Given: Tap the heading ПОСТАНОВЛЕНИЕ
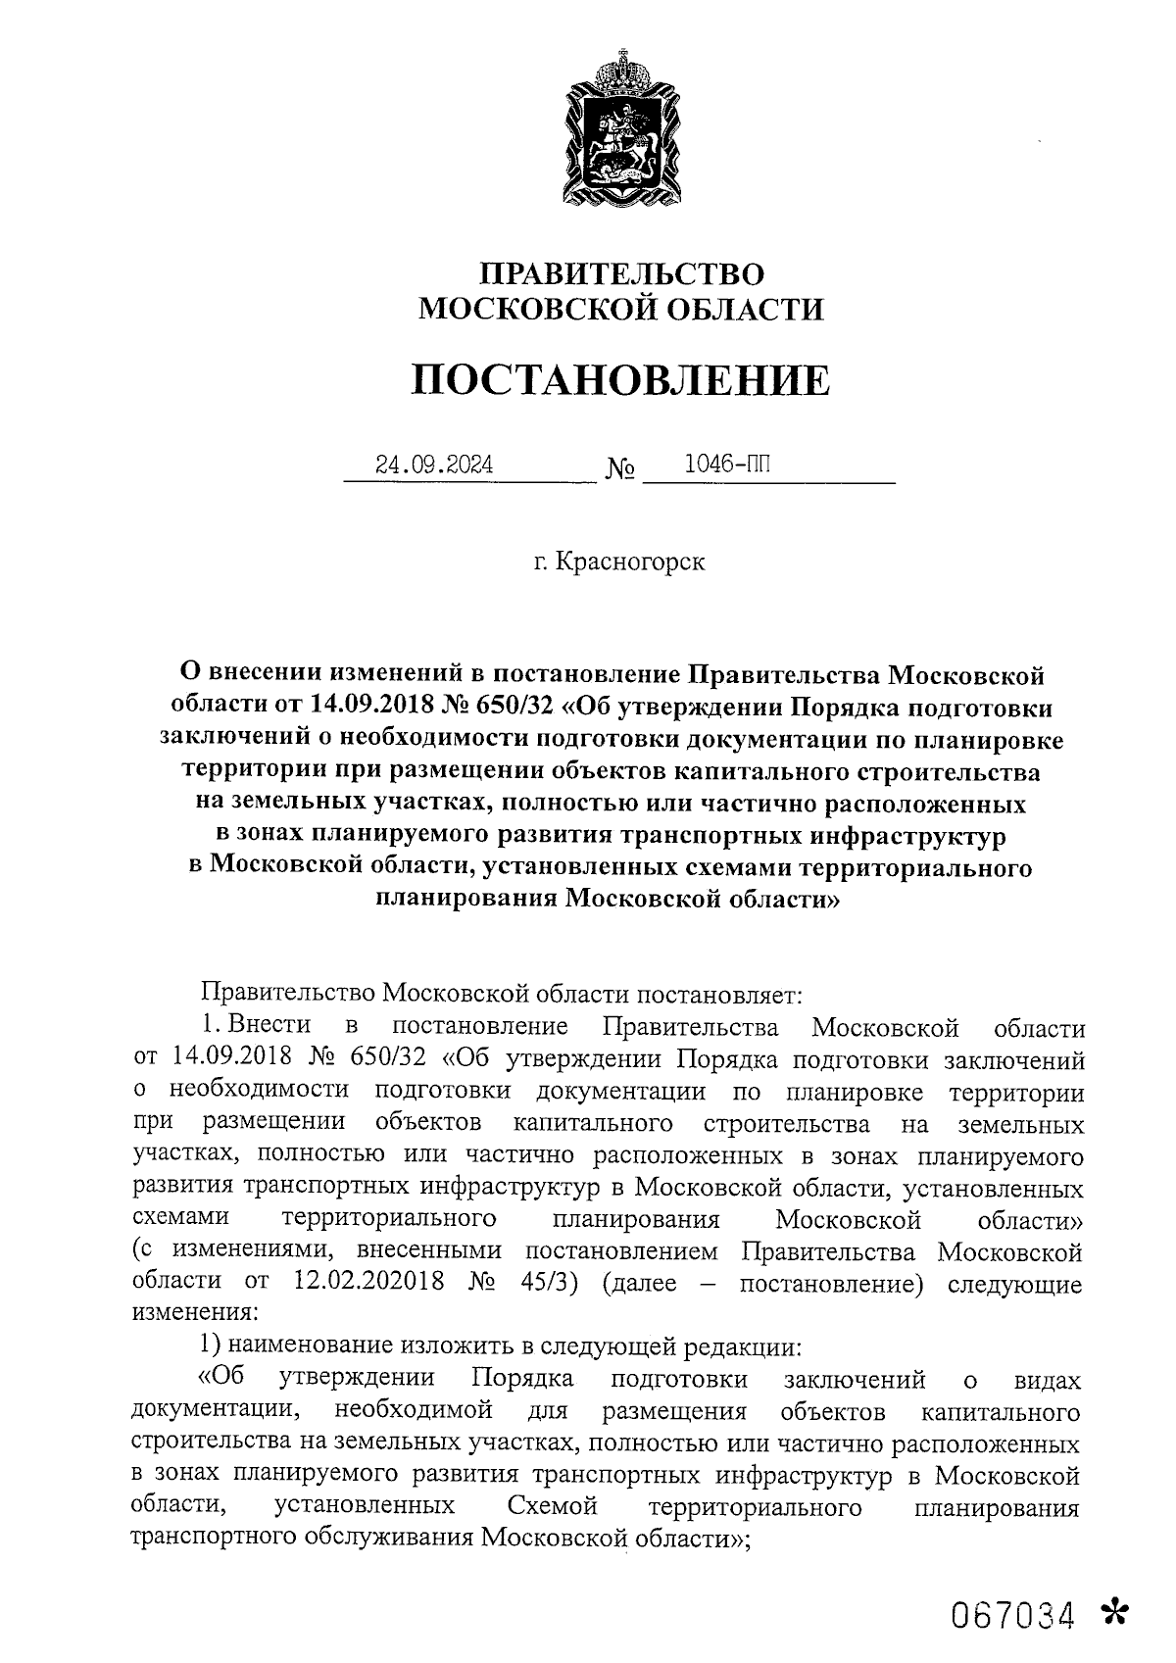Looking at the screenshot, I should click(619, 379).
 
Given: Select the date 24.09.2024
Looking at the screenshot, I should click(435, 465).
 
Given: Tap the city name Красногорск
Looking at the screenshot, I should click(629, 562).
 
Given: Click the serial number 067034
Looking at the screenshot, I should click(1011, 1613).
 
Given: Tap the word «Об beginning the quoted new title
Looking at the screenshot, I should click(220, 1379).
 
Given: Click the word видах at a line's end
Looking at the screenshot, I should click(1048, 1381).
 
